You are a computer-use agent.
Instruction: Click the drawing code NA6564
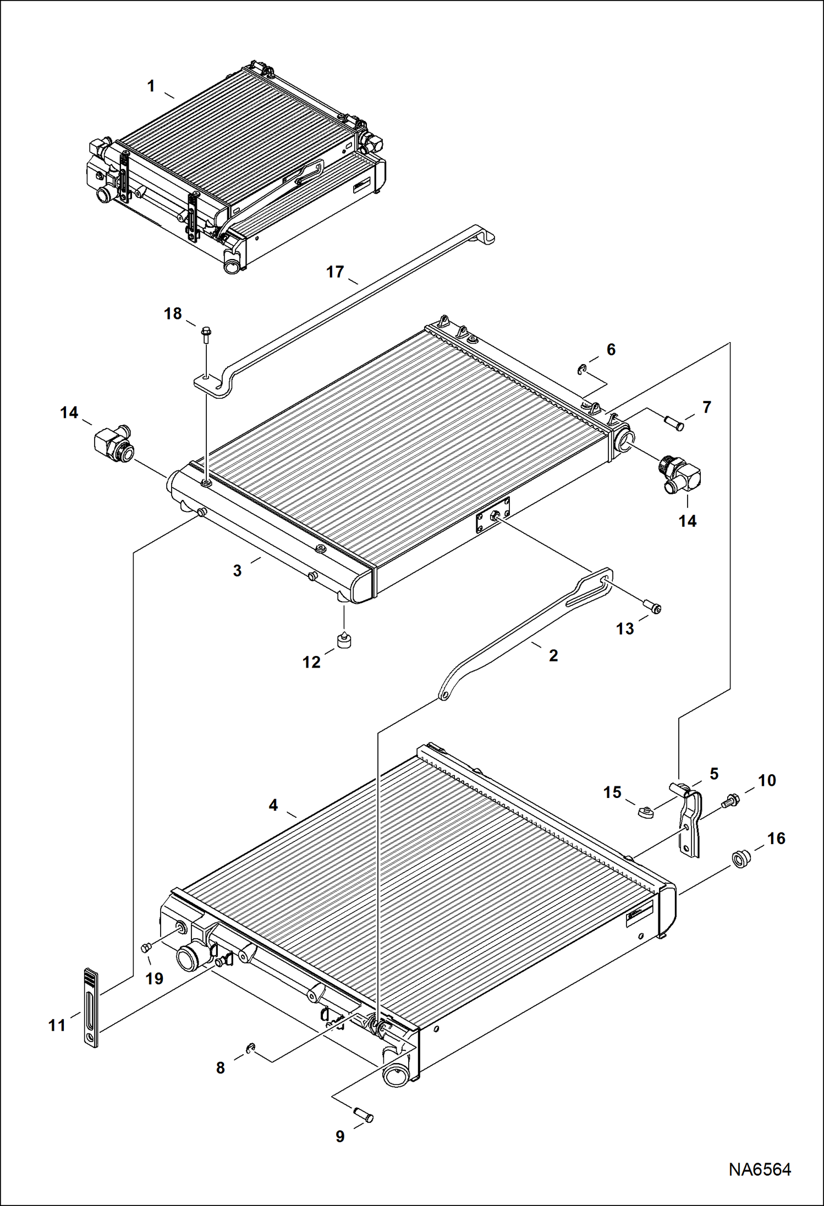(760, 1170)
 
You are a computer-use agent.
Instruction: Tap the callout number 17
(335, 272)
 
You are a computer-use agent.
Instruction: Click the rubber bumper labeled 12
(344, 641)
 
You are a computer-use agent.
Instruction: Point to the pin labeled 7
(674, 423)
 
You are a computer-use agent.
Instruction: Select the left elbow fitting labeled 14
(113, 443)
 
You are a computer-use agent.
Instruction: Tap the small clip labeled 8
(250, 1048)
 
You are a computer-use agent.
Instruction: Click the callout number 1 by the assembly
(151, 87)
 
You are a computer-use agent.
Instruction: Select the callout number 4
(273, 806)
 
